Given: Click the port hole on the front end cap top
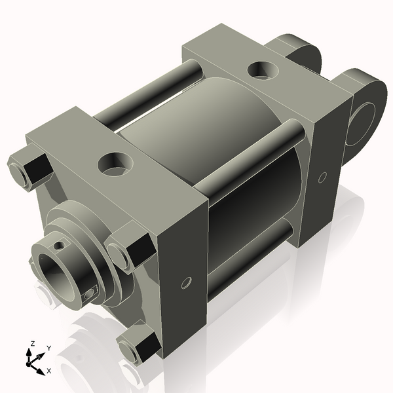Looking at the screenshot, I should [x=115, y=164].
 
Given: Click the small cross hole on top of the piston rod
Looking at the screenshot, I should [x=60, y=246].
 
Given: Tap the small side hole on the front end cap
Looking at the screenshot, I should [x=186, y=283].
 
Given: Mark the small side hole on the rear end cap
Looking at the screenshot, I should [x=322, y=177].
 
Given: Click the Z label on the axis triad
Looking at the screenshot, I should [x=30, y=343].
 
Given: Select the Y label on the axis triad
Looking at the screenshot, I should [x=48, y=348].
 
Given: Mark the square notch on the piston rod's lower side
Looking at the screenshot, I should [x=90, y=295].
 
